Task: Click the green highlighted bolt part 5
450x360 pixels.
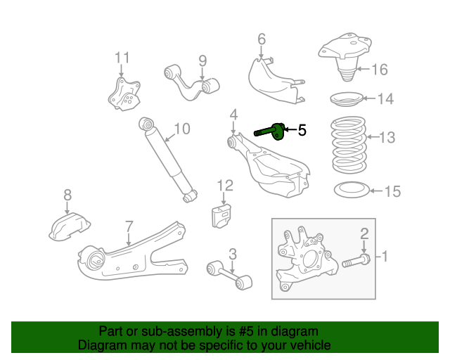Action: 271,130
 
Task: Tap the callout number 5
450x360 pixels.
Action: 302,130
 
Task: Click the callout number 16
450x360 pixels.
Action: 379,70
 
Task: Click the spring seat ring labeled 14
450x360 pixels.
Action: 347,99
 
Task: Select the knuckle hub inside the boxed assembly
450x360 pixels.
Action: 304,259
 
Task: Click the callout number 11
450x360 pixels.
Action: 122,58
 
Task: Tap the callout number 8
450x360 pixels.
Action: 67,195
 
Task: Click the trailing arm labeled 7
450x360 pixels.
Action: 134,252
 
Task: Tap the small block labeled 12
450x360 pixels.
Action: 224,215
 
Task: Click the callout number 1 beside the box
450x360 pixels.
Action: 385,257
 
